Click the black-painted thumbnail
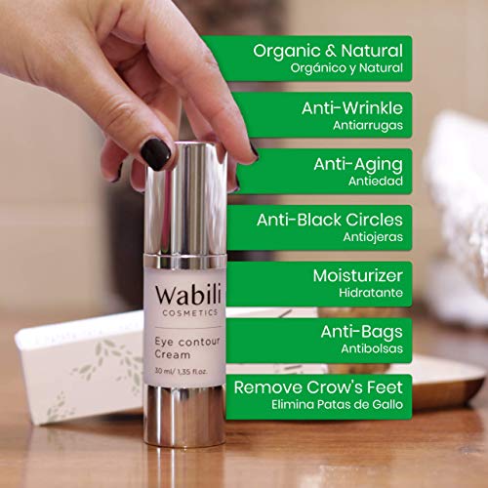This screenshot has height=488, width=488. [155, 154]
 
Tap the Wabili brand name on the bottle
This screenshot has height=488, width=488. [188, 296]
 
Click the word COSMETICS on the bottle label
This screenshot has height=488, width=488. [190, 313]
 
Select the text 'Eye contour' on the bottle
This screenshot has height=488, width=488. [187, 342]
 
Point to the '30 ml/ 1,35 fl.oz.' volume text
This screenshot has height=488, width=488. [181, 371]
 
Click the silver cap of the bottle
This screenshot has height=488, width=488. [185, 198]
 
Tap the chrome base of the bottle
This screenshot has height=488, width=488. [184, 416]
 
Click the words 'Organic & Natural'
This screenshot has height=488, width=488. [328, 52]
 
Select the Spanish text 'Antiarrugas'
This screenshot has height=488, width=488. [368, 125]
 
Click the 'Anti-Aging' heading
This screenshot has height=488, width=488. [358, 165]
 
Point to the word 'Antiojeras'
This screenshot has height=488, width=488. [373, 237]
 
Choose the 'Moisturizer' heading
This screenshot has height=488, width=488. [358, 275]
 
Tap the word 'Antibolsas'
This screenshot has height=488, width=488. [372, 348]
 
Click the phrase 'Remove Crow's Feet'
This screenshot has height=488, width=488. [318, 387]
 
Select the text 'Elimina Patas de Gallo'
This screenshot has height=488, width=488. [338, 405]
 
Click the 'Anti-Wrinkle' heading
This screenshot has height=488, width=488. [352, 108]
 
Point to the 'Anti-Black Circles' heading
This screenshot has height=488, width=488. [330, 220]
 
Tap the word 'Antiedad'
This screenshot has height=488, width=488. [376, 182]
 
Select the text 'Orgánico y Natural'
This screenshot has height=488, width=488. [346, 68]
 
